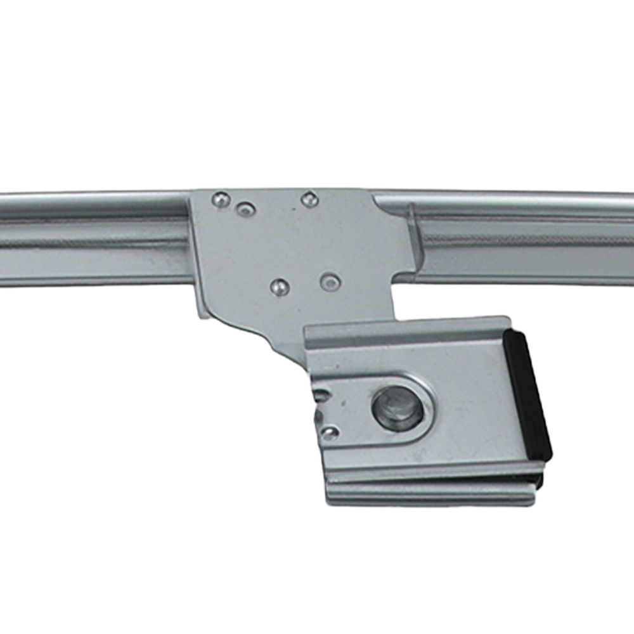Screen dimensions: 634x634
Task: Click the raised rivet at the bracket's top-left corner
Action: (221, 200)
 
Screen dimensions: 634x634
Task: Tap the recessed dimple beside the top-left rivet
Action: (245, 209)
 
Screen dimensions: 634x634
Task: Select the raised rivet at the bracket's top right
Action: (309, 200)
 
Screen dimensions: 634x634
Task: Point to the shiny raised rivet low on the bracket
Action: (279, 287)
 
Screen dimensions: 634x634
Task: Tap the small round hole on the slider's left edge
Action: (330, 433)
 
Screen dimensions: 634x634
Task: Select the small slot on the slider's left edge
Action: (321, 396)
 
